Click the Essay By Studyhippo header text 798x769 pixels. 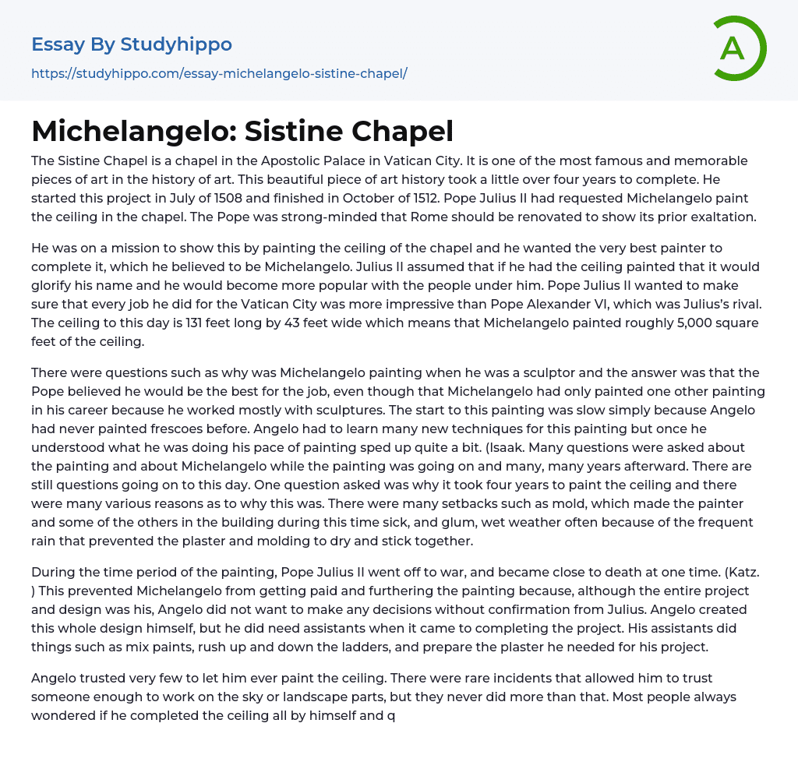[132, 44]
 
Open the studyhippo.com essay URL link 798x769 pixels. [219, 73]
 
